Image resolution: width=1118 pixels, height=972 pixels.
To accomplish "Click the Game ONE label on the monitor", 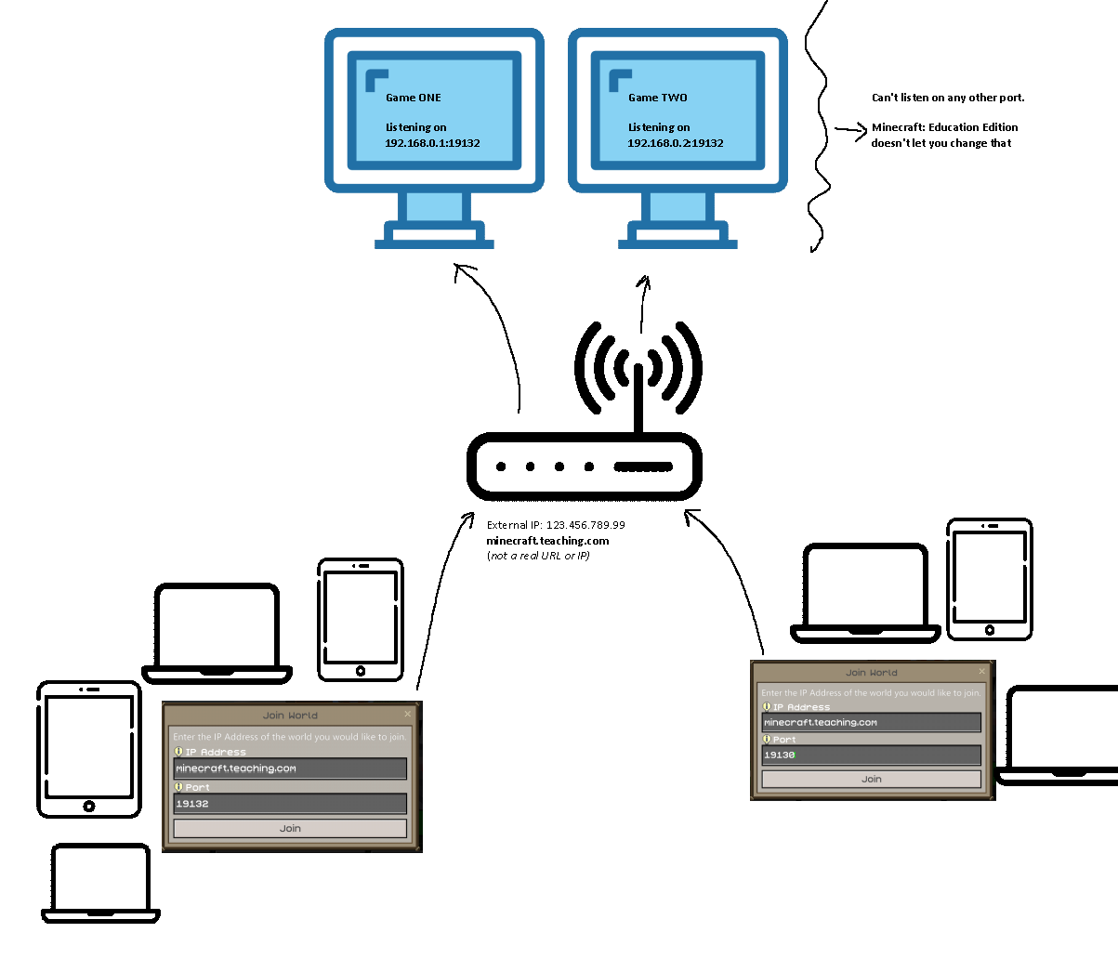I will (414, 98).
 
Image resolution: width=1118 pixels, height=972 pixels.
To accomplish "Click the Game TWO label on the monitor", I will (658, 98).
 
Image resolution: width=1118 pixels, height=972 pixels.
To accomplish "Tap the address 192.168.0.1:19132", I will (432, 143).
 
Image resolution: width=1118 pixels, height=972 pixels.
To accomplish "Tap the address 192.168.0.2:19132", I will (676, 143).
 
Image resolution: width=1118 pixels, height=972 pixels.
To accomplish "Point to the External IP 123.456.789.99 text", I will (556, 525).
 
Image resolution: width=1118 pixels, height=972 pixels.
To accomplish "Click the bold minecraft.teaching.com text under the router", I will (547, 541).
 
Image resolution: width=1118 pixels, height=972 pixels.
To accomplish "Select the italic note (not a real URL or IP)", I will (538, 556).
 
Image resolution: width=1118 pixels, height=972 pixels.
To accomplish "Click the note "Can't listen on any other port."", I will (948, 98).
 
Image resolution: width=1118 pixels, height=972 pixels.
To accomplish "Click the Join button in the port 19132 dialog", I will (290, 828).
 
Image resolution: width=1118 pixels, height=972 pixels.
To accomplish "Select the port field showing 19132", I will (290, 804).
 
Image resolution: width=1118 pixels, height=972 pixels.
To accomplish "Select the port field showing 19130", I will (871, 755).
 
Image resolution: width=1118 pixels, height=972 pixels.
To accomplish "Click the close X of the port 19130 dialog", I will (981, 671).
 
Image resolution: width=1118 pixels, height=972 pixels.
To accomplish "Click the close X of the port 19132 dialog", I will (407, 714).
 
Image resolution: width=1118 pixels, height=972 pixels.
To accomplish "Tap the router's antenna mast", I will (638, 400).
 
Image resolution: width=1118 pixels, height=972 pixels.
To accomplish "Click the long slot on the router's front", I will (643, 466).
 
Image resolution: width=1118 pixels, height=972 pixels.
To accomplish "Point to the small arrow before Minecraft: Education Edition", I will (850, 131).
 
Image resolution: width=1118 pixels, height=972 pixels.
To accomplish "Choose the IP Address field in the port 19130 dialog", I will (871, 722).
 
